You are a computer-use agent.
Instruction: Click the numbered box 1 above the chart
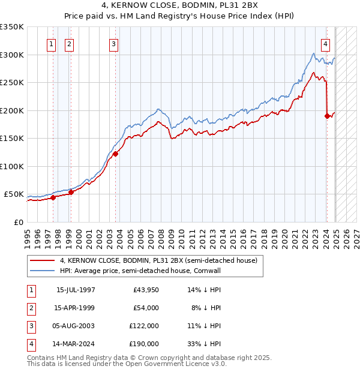(x=51, y=44)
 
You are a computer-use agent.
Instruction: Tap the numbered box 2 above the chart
(x=69, y=44)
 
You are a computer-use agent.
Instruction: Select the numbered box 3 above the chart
(x=113, y=44)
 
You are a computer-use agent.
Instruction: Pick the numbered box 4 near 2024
(x=325, y=44)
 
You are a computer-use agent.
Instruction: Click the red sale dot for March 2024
(x=327, y=116)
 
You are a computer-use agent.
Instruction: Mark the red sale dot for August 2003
(x=115, y=154)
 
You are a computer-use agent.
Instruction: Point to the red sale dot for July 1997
(x=53, y=197)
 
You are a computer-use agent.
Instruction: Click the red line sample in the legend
(x=43, y=260)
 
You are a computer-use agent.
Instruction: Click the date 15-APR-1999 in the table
(x=76, y=308)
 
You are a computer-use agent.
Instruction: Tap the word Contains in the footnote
(x=41, y=358)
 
